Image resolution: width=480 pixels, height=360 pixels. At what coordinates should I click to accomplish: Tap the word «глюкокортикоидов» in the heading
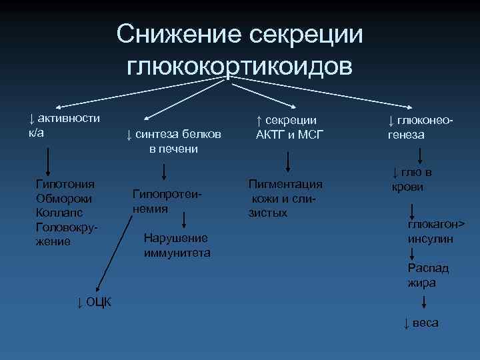point(239,66)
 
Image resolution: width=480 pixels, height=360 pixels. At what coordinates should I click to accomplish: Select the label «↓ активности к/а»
point(63,125)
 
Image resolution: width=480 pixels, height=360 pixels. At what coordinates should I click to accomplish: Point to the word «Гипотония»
point(65,184)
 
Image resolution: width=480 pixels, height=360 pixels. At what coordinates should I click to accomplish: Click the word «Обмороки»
point(65,199)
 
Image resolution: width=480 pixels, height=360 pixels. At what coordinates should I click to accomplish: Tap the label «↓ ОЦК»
point(95,303)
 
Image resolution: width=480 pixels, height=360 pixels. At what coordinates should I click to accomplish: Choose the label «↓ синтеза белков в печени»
point(173,141)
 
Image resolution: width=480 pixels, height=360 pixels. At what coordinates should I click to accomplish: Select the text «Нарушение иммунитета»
point(177,245)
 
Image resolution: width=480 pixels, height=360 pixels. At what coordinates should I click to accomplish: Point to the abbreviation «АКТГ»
point(271,134)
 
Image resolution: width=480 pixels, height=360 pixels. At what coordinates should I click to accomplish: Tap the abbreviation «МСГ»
point(309,134)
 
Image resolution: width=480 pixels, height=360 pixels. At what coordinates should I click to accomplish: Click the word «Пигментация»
point(285,184)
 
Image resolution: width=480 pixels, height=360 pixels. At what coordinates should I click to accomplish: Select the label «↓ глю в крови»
point(411,180)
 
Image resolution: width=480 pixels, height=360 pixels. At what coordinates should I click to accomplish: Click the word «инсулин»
point(431,239)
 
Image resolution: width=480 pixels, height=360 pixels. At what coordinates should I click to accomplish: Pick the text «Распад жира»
point(428,275)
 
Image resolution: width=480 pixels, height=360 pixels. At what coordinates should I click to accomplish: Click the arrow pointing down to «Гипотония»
point(48,160)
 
